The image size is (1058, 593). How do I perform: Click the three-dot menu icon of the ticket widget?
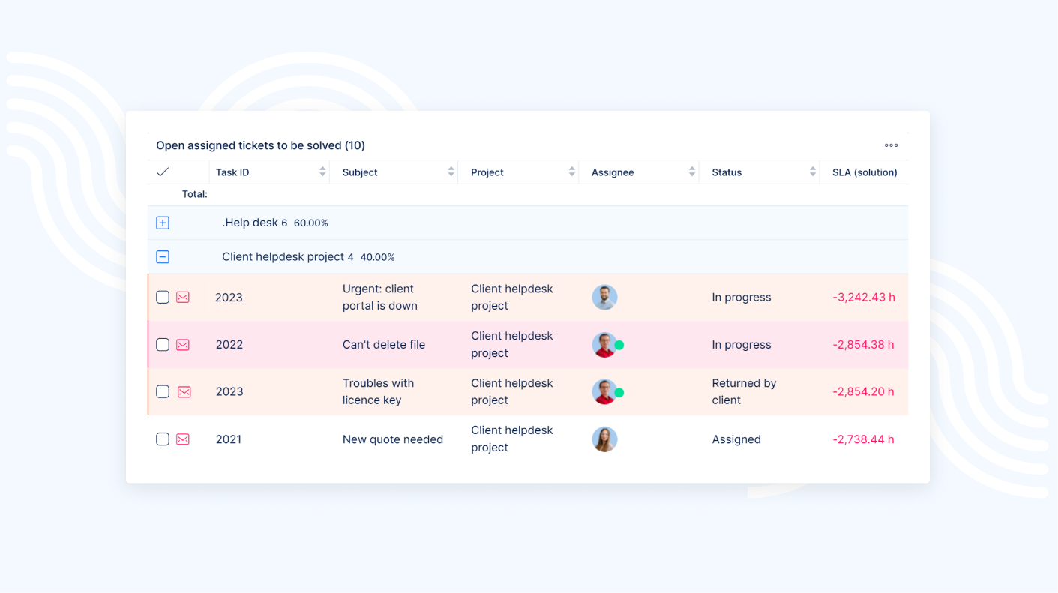click(891, 145)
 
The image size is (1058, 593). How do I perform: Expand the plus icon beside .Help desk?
click(163, 223)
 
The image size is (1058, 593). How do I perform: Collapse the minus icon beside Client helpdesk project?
click(163, 257)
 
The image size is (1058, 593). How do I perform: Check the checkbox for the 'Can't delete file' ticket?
click(163, 345)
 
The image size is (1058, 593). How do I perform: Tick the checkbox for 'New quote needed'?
click(163, 439)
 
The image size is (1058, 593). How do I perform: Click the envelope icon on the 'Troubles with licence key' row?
click(184, 392)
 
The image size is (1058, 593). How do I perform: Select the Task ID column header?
click(232, 172)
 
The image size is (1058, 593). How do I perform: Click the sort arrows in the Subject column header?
click(451, 172)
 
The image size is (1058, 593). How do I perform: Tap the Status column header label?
click(727, 172)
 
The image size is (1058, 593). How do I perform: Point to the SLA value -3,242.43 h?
click(864, 298)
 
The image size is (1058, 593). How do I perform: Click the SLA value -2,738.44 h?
click(864, 439)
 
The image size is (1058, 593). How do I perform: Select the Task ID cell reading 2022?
click(229, 345)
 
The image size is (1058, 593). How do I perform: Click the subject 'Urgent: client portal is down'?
click(380, 298)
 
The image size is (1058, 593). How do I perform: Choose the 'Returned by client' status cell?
click(744, 391)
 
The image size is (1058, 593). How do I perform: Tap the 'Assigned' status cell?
click(736, 439)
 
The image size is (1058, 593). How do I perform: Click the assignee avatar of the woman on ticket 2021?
click(604, 439)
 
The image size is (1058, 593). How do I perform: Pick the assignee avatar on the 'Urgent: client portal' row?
click(604, 298)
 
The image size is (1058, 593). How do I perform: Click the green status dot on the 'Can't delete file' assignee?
click(619, 346)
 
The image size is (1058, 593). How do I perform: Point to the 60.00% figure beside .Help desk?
click(311, 223)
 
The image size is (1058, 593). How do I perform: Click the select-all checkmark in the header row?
click(163, 172)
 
